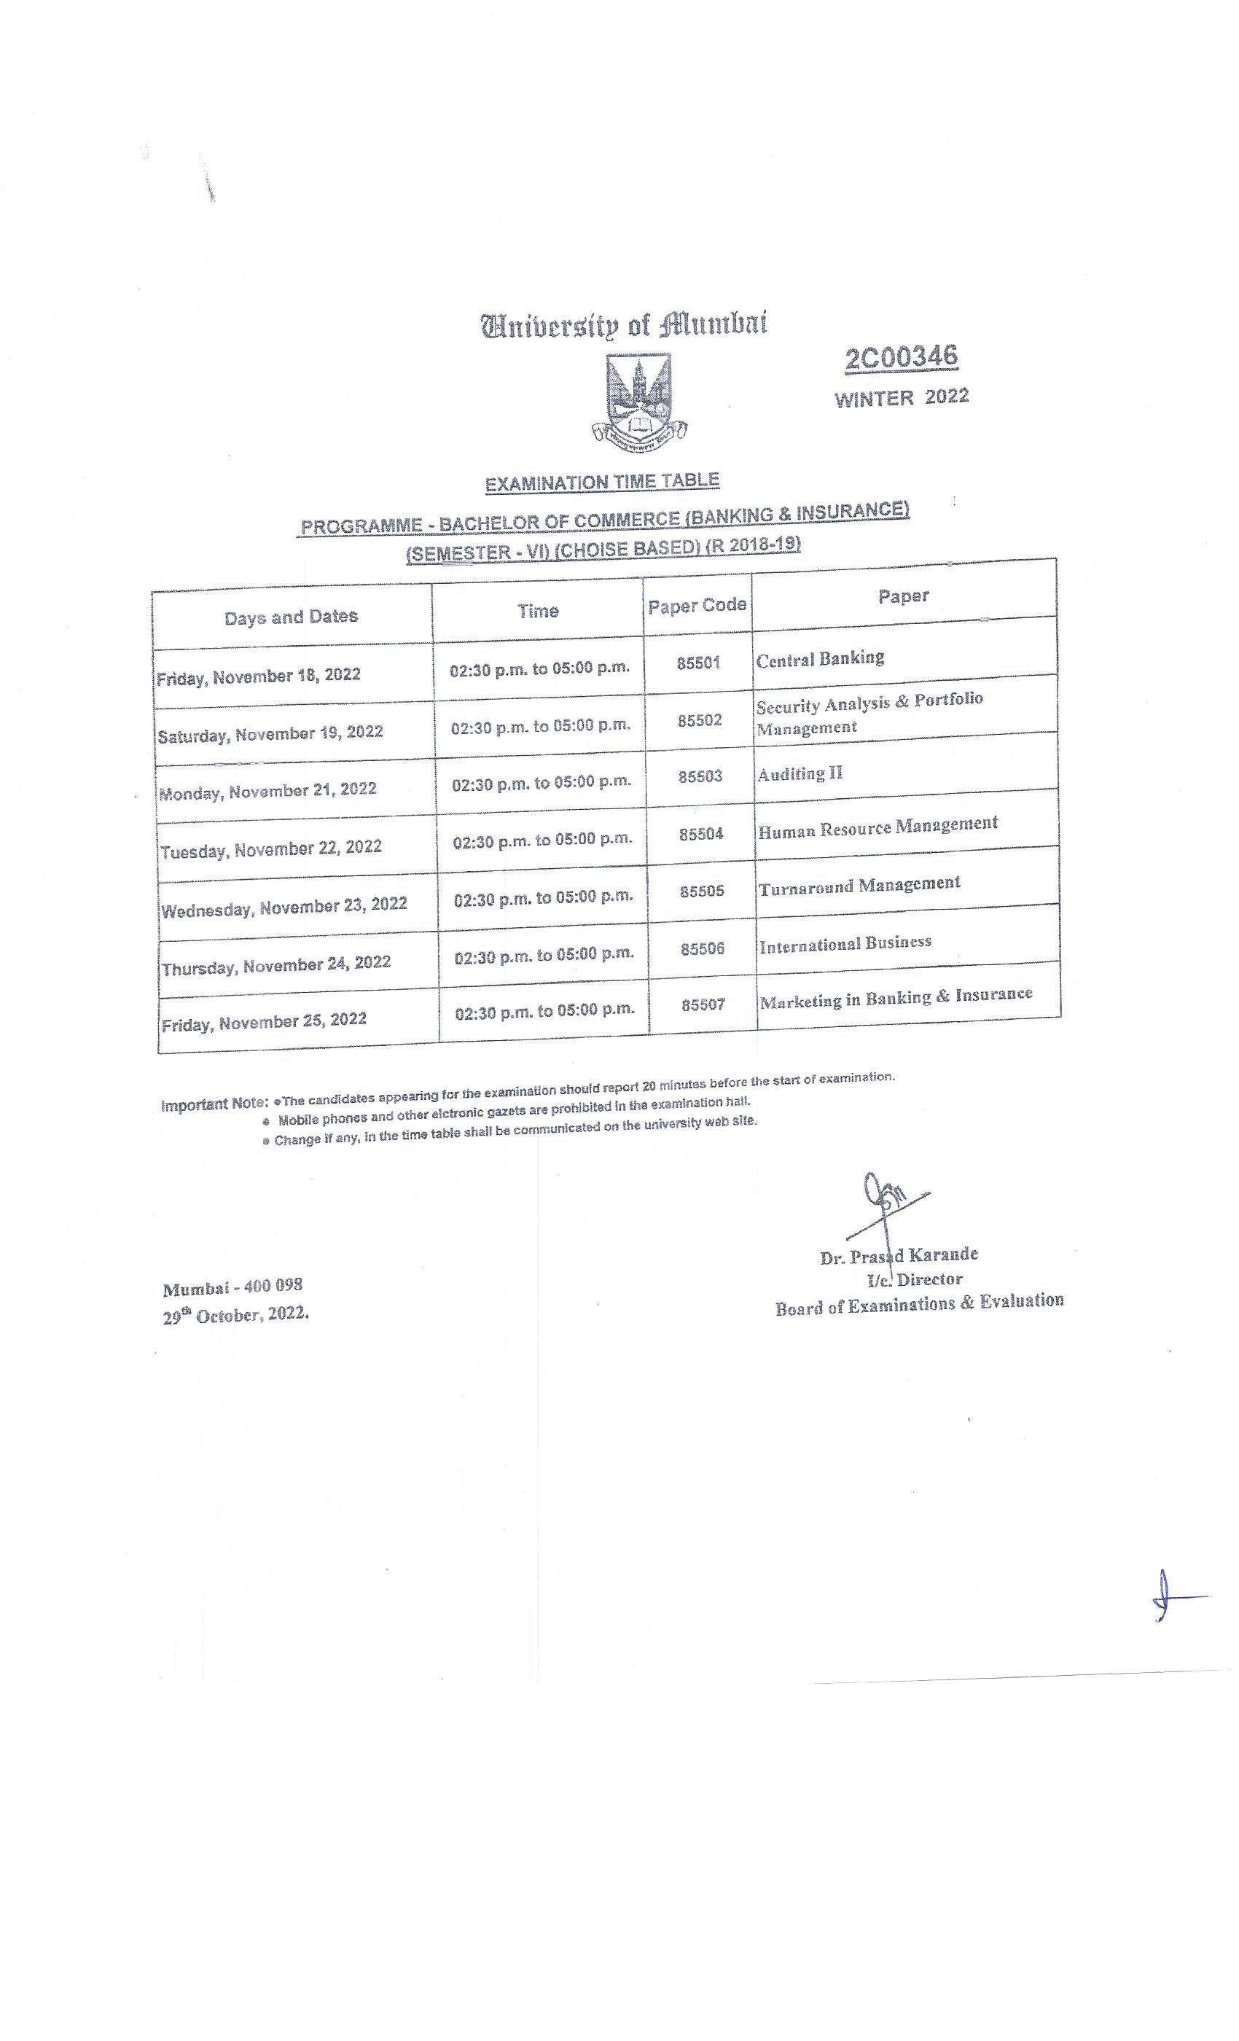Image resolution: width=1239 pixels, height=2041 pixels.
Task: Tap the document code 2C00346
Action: pyautogui.click(x=901, y=358)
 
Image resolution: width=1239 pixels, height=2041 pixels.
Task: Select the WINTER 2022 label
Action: pyautogui.click(x=901, y=397)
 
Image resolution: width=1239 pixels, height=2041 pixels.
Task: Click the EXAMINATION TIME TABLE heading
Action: pyautogui.click(x=602, y=482)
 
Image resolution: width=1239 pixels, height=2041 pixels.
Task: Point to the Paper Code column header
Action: pyautogui.click(x=697, y=606)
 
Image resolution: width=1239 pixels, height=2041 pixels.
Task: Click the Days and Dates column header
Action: pyautogui.click(x=291, y=617)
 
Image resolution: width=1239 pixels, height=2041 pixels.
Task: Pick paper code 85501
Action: pyautogui.click(x=698, y=663)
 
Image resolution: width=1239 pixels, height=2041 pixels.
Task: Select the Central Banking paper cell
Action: pyautogui.click(x=820, y=658)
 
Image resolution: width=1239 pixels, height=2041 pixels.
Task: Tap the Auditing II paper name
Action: pyautogui.click(x=800, y=773)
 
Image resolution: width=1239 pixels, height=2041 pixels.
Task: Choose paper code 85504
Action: pyautogui.click(x=701, y=834)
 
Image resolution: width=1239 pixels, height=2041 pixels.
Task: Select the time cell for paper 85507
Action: pyautogui.click(x=545, y=1010)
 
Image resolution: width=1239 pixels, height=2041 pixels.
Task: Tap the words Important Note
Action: pyautogui.click(x=214, y=1104)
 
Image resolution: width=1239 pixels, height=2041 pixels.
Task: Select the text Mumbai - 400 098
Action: pyautogui.click(x=232, y=1288)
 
